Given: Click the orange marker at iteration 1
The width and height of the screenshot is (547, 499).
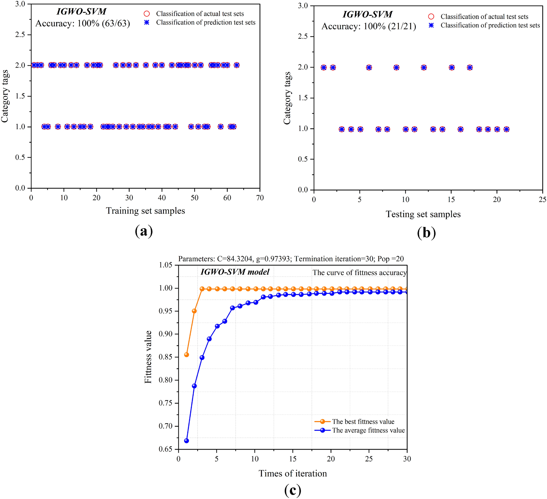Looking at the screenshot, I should [x=187, y=354].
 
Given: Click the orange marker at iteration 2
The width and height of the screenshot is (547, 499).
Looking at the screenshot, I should [x=194, y=311].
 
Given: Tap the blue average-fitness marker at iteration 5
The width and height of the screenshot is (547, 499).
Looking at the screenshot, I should [x=217, y=326].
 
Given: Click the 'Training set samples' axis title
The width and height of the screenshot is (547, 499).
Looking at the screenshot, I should [x=145, y=211].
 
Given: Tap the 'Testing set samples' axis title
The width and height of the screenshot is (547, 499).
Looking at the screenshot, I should [x=423, y=214].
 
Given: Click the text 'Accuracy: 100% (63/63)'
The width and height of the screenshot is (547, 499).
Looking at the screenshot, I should [x=83, y=23].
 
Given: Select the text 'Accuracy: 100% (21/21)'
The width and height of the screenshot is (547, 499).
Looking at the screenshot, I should [x=369, y=26].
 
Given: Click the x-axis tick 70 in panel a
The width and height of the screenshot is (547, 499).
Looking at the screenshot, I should [x=260, y=198].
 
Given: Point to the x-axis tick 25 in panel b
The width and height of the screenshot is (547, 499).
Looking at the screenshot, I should [x=542, y=200].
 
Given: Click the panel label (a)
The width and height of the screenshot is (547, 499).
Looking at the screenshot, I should [x=144, y=231].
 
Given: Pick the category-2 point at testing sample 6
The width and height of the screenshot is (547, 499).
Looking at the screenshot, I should [x=369, y=68].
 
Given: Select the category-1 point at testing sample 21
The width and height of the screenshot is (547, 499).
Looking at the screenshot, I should [x=506, y=129].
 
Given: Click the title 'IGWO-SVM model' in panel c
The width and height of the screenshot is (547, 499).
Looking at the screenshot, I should [x=235, y=272].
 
